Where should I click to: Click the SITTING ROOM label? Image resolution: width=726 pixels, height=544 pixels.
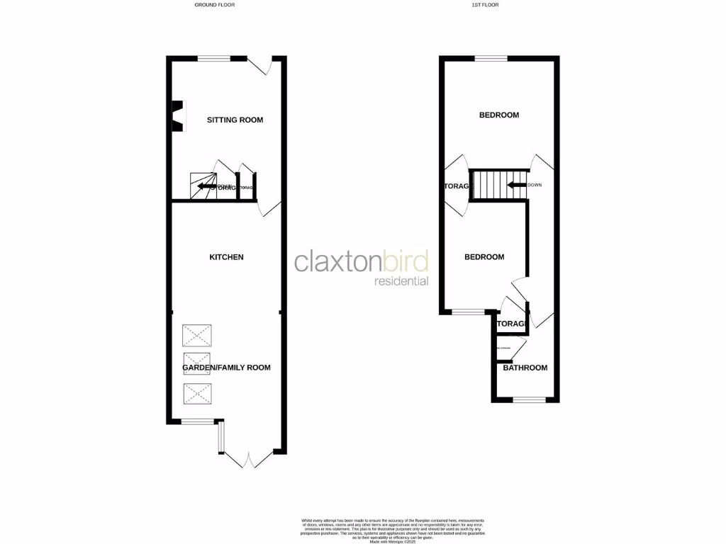click(235, 120)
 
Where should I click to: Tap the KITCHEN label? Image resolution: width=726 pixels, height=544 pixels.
click(226, 257)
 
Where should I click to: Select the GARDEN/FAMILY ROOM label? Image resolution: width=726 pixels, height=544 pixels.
click(226, 368)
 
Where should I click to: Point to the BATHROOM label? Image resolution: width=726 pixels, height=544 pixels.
click(525, 368)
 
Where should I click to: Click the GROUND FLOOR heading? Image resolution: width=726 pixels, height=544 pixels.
click(214, 5)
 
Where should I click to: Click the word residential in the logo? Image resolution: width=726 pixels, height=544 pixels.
click(401, 281)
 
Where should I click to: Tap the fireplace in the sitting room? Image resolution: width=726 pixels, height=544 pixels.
click(177, 115)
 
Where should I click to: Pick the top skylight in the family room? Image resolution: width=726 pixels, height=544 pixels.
click(196, 334)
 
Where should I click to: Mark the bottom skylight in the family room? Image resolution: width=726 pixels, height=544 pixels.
click(196, 393)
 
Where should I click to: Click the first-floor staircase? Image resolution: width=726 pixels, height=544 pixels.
click(489, 186)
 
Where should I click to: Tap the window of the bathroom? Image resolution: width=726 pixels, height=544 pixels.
click(529, 400)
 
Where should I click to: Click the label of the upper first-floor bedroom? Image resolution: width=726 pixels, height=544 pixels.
click(498, 115)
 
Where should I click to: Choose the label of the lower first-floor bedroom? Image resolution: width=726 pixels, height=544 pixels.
click(484, 257)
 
